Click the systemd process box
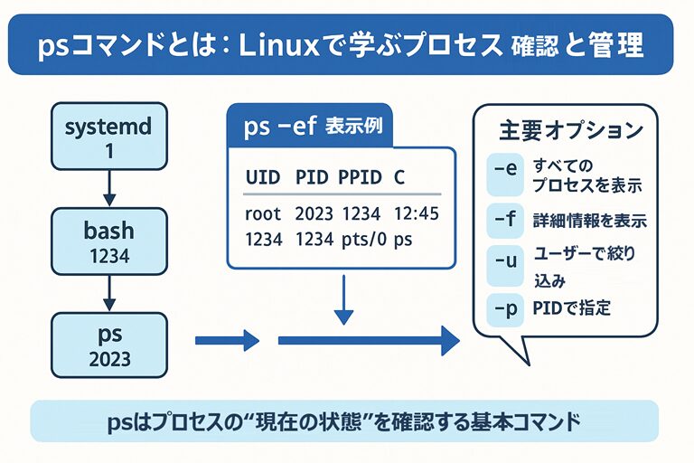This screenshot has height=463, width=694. [108, 138]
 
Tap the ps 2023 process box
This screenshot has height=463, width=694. [109, 345]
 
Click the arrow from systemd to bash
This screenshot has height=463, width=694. [108, 184]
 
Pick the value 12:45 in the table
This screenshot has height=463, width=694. [417, 215]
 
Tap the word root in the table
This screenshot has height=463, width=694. [263, 215]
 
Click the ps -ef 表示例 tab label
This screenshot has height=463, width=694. [313, 127]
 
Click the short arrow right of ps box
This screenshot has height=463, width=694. [227, 341]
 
